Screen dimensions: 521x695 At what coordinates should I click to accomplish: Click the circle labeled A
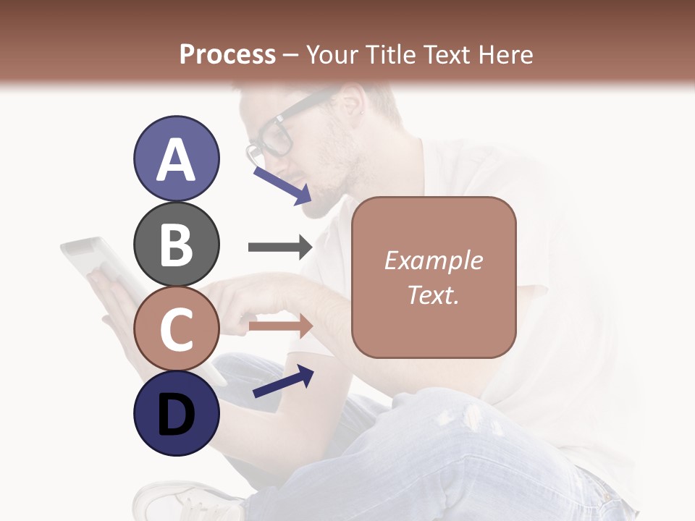pyautogui.click(x=177, y=158)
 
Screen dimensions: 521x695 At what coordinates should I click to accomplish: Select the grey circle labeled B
pyautogui.click(x=177, y=244)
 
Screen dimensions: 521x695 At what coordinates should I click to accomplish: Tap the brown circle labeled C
pyautogui.click(x=177, y=329)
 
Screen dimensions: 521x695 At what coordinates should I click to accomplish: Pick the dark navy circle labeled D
pyautogui.click(x=177, y=414)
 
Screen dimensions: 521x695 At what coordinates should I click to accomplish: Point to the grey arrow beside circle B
pyautogui.click(x=280, y=247)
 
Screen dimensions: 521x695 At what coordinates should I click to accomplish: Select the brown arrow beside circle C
pyautogui.click(x=280, y=326)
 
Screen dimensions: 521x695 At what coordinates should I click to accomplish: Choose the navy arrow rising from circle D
pyautogui.click(x=283, y=381)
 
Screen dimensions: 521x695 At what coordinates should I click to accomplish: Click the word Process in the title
pyautogui.click(x=227, y=54)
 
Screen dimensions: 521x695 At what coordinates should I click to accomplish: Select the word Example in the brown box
pyautogui.click(x=433, y=260)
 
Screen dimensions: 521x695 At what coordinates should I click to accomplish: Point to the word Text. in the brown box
pyautogui.click(x=433, y=295)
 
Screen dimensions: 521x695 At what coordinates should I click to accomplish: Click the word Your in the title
pyautogui.click(x=331, y=54)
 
